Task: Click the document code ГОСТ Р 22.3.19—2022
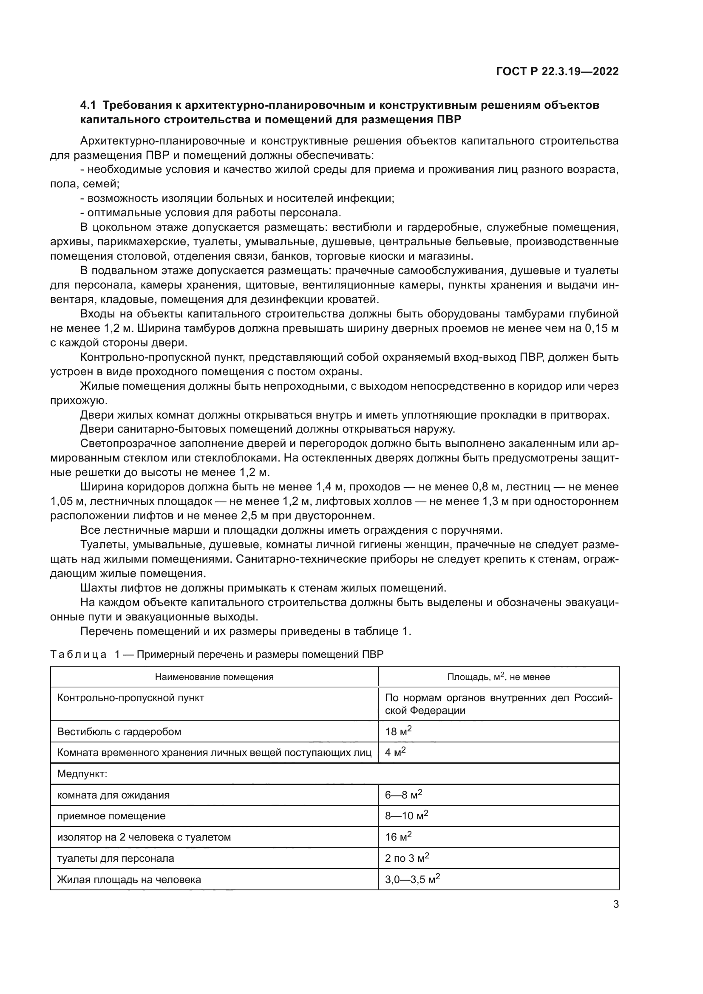(x=557, y=72)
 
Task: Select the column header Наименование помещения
(x=214, y=677)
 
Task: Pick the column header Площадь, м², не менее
(x=498, y=677)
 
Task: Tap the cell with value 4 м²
(x=395, y=753)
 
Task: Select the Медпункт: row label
(x=82, y=773)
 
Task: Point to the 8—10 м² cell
(x=406, y=816)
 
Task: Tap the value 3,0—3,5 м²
(x=413, y=879)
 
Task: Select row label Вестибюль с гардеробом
(x=119, y=732)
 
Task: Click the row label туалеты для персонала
(x=116, y=858)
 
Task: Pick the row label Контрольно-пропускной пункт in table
(x=131, y=698)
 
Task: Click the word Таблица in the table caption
(x=78, y=654)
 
